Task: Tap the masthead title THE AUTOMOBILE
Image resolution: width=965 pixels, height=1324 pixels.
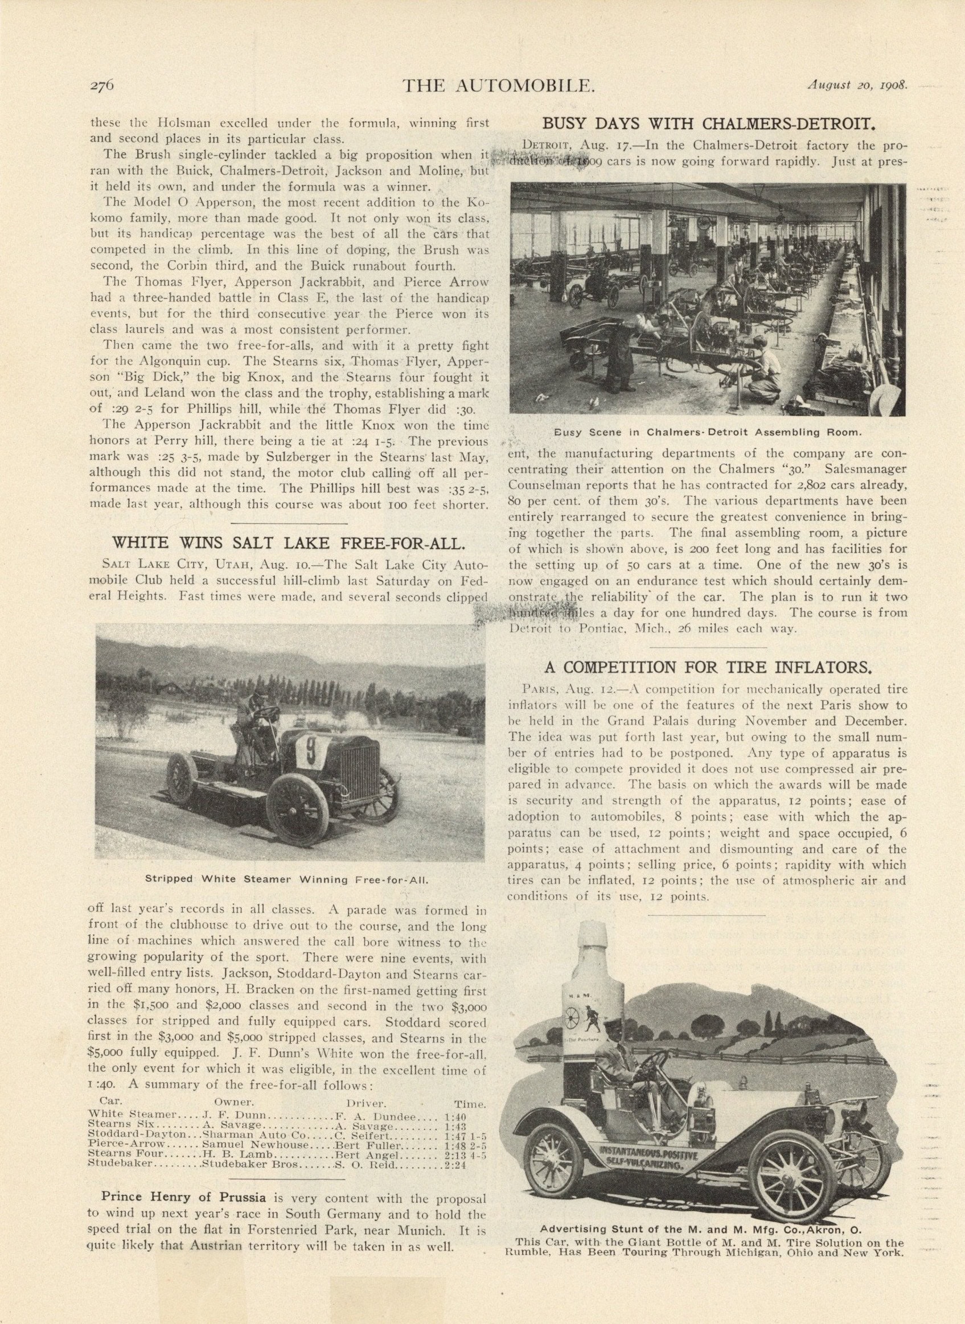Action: [499, 86]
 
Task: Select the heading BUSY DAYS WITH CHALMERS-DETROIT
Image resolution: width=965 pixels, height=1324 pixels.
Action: [709, 125]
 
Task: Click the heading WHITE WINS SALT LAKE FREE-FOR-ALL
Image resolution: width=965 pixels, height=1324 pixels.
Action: [289, 543]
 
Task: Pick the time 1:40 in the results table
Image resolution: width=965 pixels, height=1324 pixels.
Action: [454, 1116]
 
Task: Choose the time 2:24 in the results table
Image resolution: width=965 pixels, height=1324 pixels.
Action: [456, 1163]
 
